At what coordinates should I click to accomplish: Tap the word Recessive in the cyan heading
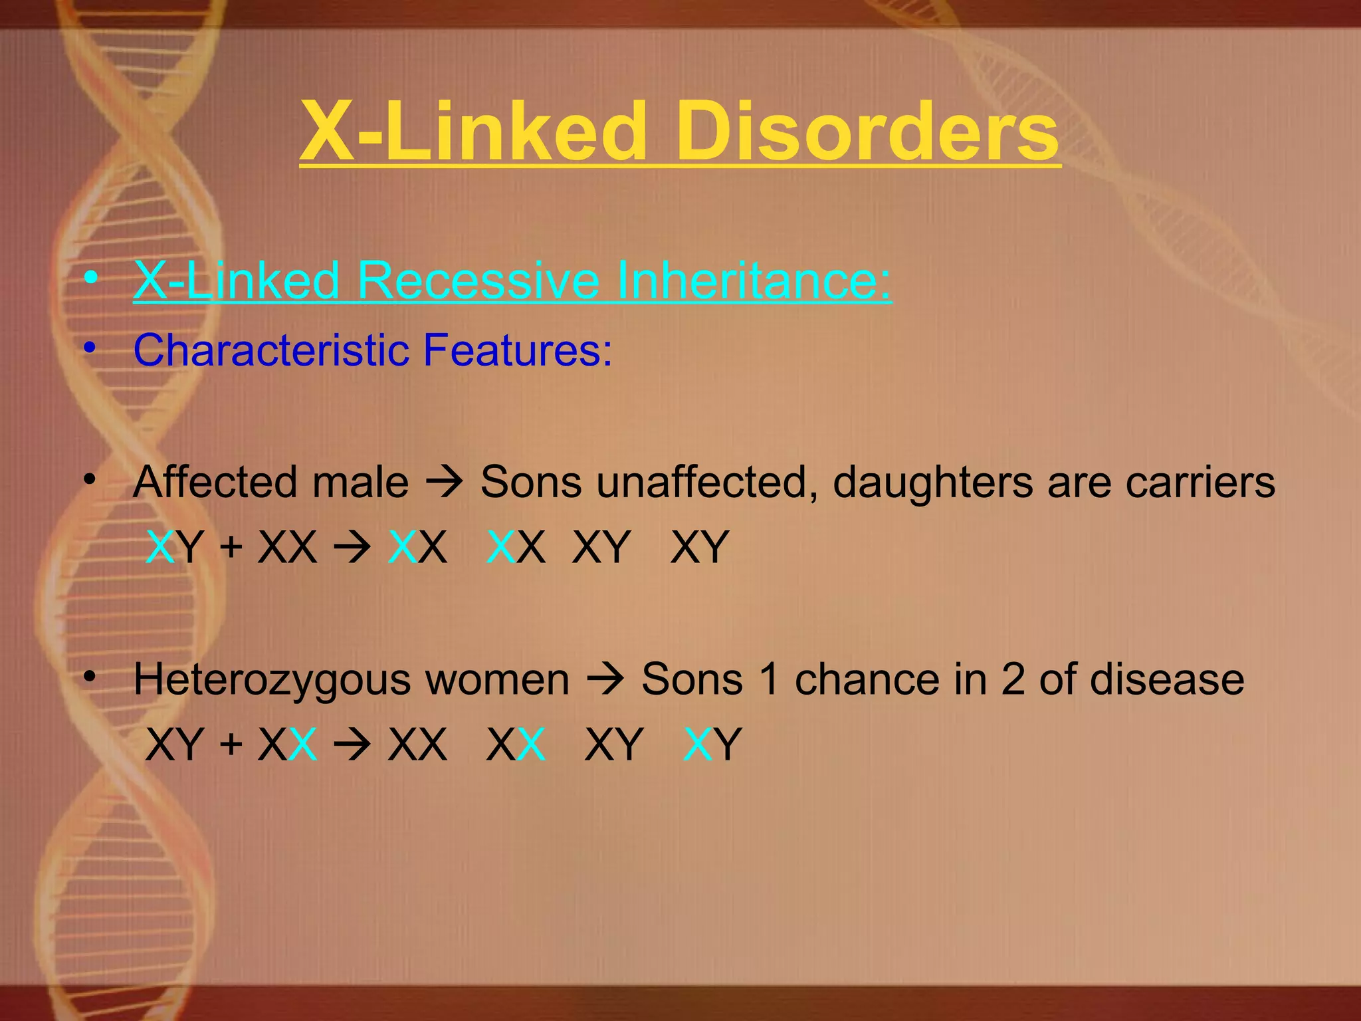point(478,280)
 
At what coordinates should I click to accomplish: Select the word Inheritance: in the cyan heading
point(754,280)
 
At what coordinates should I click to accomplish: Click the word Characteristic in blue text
point(271,350)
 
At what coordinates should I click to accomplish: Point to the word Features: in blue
point(517,350)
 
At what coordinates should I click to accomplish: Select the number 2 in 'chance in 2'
point(1013,680)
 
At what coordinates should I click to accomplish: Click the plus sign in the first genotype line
point(231,547)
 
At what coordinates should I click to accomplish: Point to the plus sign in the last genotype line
point(231,744)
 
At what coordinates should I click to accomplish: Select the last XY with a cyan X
point(712,744)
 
